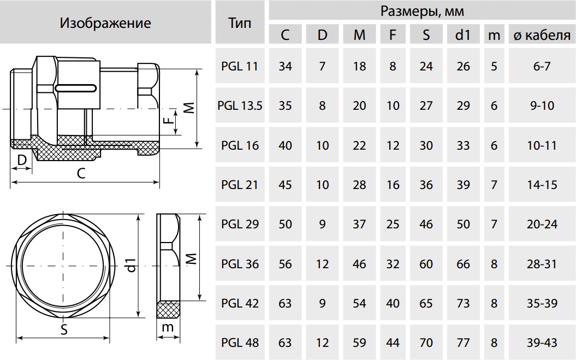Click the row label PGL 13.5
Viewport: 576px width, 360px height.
(240, 106)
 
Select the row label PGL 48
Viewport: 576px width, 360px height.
(240, 343)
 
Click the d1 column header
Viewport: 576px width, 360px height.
(463, 35)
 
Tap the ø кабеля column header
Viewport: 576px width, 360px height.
(542, 36)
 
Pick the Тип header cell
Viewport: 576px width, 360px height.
(240, 23)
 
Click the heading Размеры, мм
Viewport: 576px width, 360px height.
(422, 11)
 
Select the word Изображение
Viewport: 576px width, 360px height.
(105, 23)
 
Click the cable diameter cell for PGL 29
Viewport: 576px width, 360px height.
(542, 225)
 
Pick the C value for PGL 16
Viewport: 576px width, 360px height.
(285, 146)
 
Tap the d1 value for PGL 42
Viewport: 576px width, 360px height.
(463, 303)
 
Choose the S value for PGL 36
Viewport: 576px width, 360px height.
(426, 264)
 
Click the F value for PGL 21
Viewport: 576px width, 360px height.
(393, 185)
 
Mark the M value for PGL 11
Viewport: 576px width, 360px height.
(359, 67)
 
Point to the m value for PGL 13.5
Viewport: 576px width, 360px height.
(494, 106)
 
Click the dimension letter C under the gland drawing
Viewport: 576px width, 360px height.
(81, 173)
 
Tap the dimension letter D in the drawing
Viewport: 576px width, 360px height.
(22, 160)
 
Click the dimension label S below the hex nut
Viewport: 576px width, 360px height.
(64, 329)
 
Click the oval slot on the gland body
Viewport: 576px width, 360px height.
(76, 88)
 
